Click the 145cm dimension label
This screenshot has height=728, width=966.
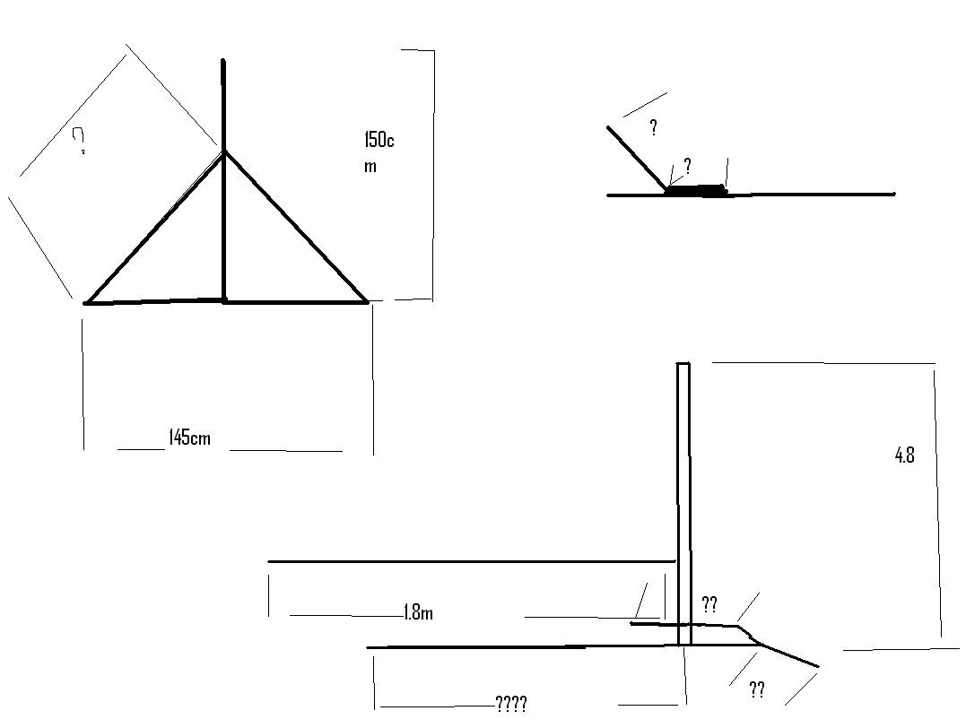189,438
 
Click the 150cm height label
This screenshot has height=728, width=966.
379,152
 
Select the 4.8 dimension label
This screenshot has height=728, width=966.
904,455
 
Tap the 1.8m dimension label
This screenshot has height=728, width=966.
418,613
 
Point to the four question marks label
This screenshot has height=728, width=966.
511,704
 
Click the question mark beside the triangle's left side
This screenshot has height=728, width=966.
79,141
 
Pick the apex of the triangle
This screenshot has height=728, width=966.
224,152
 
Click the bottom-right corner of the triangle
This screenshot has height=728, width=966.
368,302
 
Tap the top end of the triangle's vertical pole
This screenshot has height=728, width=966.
223,61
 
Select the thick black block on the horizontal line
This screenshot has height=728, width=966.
697,189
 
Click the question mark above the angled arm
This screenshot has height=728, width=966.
653,128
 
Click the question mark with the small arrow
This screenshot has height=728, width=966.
687,166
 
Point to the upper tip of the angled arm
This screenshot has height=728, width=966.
608,127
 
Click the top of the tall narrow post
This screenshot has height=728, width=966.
683,364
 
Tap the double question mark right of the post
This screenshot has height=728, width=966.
709,603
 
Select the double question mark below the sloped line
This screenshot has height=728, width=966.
757,689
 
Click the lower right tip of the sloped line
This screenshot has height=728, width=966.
818,666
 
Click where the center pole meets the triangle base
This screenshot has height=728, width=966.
224,300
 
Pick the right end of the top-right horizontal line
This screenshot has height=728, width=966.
894,194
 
